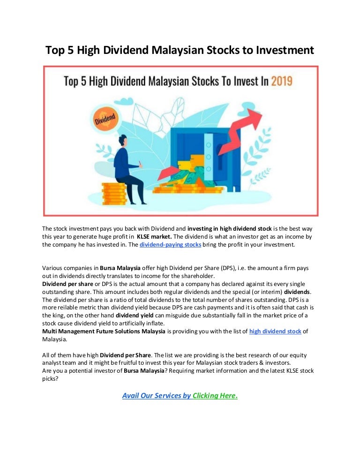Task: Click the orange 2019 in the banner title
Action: click(x=282, y=81)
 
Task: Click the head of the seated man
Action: click(x=123, y=140)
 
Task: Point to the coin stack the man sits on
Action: click(x=114, y=194)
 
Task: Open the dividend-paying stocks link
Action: click(x=170, y=245)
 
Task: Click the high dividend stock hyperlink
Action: click(x=275, y=331)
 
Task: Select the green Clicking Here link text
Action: click(x=215, y=396)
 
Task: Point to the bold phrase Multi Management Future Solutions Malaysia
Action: click(x=104, y=331)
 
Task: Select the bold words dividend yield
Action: click(x=135, y=316)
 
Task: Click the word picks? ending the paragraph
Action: click(x=50, y=379)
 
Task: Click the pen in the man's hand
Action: click(x=140, y=163)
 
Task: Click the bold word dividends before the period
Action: click(x=297, y=292)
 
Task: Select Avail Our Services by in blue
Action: click(x=157, y=396)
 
